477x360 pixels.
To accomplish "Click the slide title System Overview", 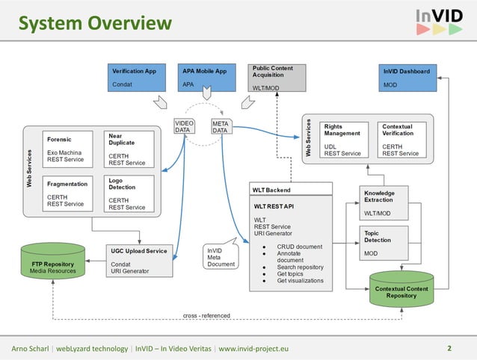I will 96,25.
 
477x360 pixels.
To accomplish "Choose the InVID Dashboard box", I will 407,78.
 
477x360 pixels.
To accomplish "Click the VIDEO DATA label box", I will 185,127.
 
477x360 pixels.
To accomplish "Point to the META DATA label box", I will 221,127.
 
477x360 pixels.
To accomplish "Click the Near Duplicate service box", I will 131,149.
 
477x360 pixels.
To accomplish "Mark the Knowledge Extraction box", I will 386,202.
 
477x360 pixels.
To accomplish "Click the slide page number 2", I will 449,348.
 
